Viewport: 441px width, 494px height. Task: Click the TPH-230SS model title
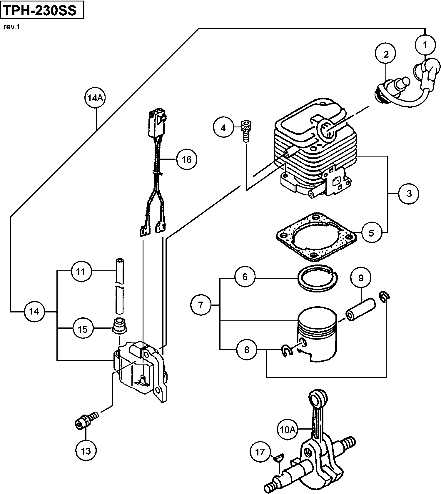click(x=40, y=11)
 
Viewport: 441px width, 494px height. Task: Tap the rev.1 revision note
click(x=11, y=27)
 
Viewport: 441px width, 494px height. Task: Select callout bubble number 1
click(x=425, y=45)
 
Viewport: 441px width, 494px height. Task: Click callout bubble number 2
click(x=386, y=54)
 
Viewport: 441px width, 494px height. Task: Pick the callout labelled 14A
click(x=95, y=98)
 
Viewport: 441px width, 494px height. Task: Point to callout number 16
click(x=187, y=159)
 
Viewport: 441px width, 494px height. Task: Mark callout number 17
click(x=260, y=452)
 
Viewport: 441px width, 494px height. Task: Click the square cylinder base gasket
click(x=316, y=236)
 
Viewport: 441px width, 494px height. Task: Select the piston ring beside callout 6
click(x=318, y=278)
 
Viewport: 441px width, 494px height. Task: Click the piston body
click(x=317, y=335)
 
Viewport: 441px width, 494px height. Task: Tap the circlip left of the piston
click(x=287, y=351)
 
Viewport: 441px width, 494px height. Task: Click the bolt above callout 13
click(x=86, y=419)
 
